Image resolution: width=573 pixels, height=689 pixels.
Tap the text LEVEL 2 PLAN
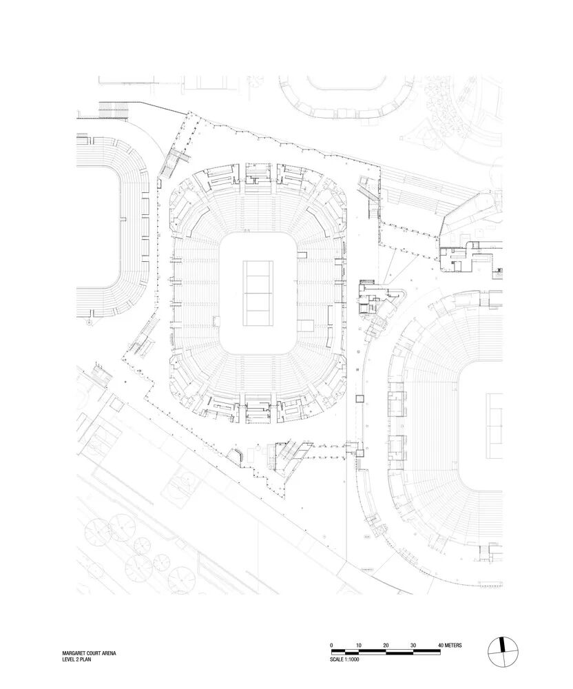click(x=76, y=660)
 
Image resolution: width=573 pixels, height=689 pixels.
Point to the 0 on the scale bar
click(x=332, y=645)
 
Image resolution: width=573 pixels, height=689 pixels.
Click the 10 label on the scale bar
click(x=359, y=645)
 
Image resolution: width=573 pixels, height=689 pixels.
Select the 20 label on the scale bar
click(x=386, y=645)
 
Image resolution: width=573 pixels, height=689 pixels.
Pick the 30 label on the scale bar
click(x=413, y=645)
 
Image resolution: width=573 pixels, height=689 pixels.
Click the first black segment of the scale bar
click(x=339, y=651)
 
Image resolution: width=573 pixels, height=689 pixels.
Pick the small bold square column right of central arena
click(x=359, y=398)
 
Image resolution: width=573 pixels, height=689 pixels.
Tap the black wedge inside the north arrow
click(x=504, y=646)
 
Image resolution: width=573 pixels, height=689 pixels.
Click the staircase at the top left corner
click(x=114, y=108)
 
